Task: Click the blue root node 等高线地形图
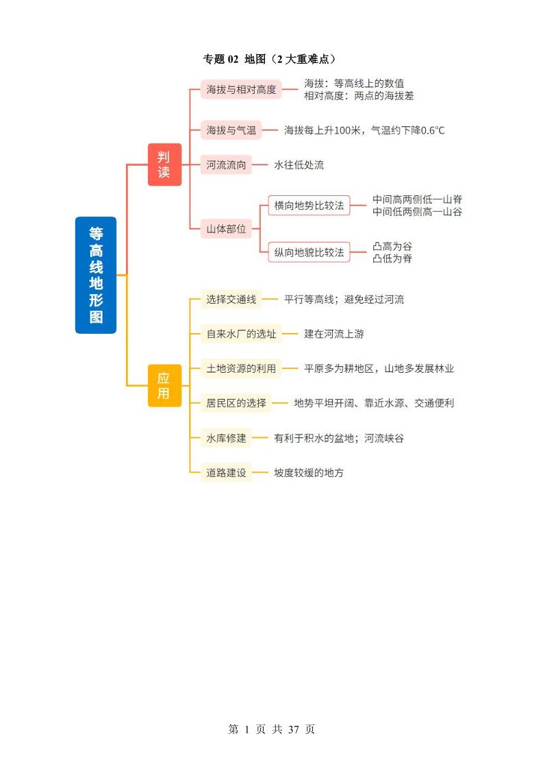[96, 275]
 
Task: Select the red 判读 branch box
[164, 164]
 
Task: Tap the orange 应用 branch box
[164, 385]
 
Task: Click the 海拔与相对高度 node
[241, 89]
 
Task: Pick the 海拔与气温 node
[231, 130]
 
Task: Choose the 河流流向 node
[226, 164]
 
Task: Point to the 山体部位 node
[226, 228]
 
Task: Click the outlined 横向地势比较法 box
[310, 206]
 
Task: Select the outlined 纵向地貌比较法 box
[310, 252]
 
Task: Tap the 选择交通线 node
[231, 299]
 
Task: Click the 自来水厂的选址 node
[241, 334]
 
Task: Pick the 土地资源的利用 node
[241, 368]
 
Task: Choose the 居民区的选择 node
[236, 403]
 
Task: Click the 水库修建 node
[226, 438]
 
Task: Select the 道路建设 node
[226, 473]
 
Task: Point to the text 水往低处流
[299, 164]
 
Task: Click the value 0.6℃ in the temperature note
[433, 130]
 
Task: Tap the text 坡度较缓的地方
[309, 473]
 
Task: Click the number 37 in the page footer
[294, 729]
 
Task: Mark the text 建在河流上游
[333, 334]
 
